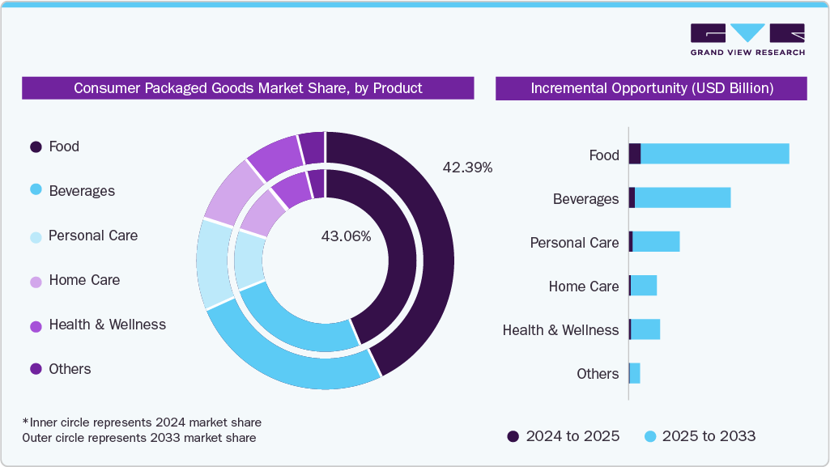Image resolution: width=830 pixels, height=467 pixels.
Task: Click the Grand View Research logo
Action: (747, 39)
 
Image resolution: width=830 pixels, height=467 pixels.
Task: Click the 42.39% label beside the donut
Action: (467, 168)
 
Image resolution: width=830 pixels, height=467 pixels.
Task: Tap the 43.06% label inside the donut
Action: (346, 236)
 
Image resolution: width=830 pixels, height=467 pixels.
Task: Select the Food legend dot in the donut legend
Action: (36, 146)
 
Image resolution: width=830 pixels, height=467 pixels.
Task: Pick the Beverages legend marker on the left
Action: (36, 191)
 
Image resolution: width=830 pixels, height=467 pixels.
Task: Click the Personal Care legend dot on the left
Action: (36, 236)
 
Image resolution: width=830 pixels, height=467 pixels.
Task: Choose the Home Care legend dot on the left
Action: (36, 281)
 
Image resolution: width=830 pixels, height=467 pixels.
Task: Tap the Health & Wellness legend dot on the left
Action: (36, 325)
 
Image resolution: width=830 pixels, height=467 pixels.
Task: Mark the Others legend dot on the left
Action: (36, 369)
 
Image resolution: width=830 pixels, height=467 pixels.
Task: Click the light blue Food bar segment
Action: (714, 154)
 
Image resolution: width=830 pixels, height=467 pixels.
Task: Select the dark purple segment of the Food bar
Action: (635, 154)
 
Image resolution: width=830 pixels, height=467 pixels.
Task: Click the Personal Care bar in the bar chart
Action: (656, 241)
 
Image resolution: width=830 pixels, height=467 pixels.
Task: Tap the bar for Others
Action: (635, 373)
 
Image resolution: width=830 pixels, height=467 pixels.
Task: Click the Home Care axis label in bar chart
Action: (583, 287)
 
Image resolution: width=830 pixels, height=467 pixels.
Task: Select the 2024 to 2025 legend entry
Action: (564, 436)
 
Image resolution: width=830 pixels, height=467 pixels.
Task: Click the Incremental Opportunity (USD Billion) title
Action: (651, 88)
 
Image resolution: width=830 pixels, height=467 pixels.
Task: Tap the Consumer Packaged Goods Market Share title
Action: (248, 88)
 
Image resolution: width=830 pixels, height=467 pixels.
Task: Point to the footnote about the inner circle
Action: (142, 422)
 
